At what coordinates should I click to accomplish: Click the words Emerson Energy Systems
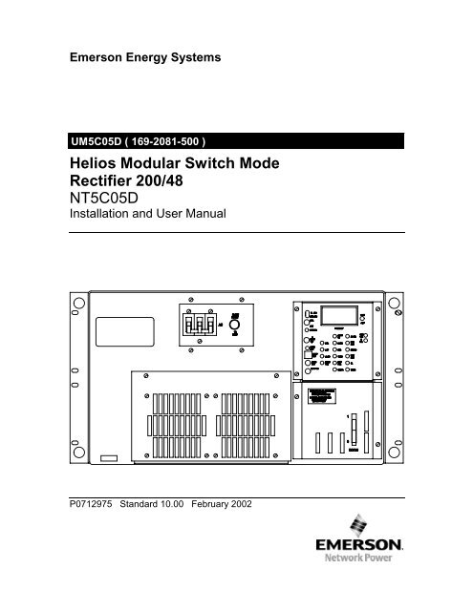143,57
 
